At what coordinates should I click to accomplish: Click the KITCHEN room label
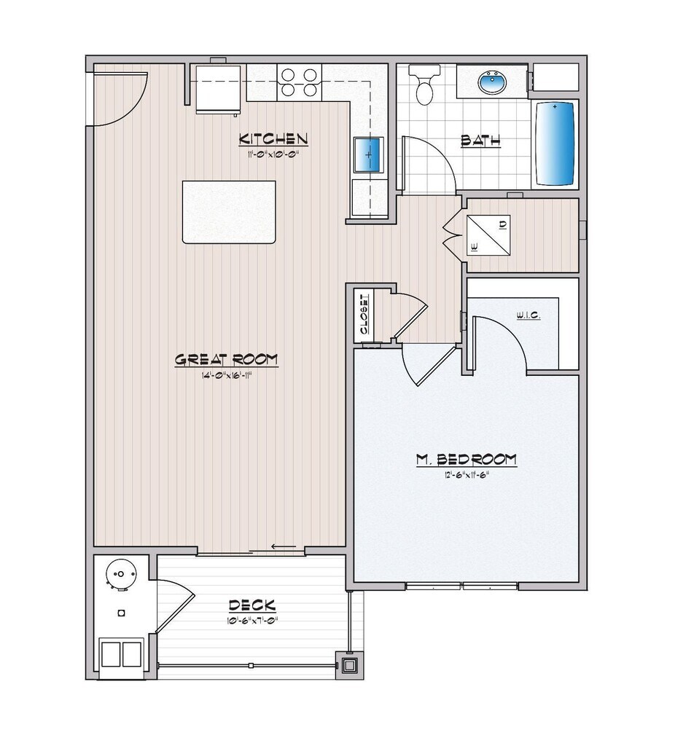tap(275, 138)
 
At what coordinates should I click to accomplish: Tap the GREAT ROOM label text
tap(226, 359)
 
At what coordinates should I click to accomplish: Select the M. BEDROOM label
tap(466, 459)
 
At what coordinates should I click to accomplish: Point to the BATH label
tap(480, 141)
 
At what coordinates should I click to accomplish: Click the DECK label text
tap(251, 605)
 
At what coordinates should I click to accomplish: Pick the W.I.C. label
tap(527, 316)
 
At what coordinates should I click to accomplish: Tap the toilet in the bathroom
tap(424, 84)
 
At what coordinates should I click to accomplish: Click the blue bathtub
tap(555, 143)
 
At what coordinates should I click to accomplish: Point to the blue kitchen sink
tap(368, 154)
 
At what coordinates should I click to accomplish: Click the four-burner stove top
tap(300, 82)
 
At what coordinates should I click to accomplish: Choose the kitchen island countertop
tap(229, 211)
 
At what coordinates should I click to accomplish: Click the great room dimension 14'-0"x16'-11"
tap(226, 374)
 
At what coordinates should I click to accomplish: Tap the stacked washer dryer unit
tap(487, 234)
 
